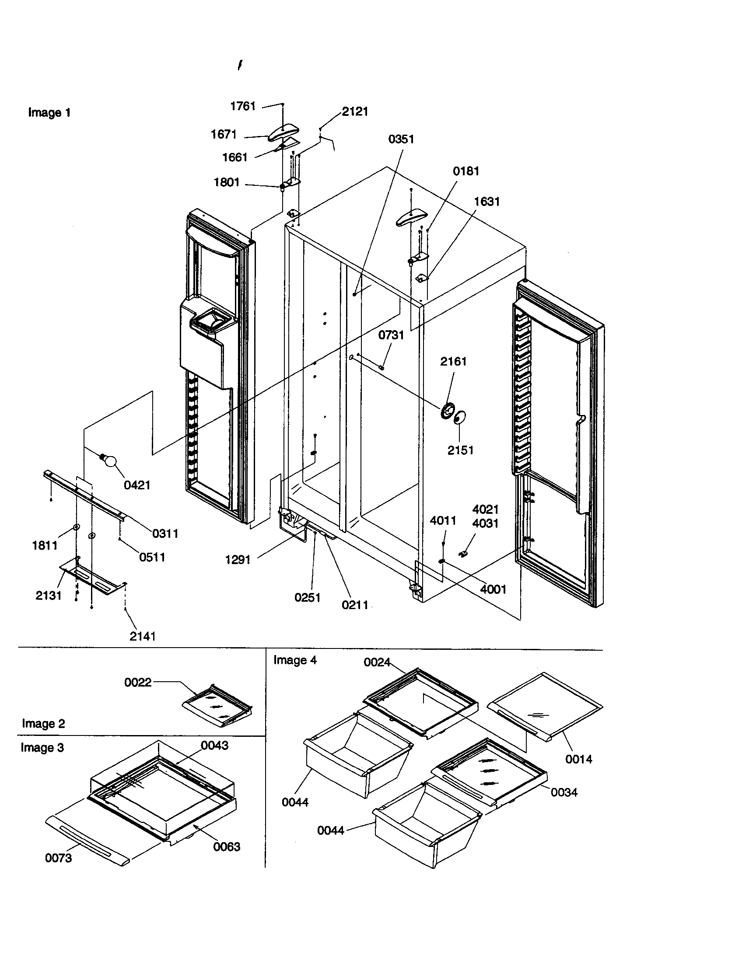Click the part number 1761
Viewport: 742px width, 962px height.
(243, 106)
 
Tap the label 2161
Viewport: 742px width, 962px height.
(453, 362)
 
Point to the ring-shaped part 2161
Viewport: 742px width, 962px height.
(447, 411)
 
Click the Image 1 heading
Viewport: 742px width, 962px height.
(49, 113)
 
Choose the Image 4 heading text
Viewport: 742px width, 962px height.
(295, 660)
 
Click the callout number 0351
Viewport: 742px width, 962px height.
(401, 139)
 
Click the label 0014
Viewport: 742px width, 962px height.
(578, 759)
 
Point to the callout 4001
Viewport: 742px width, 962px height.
(493, 589)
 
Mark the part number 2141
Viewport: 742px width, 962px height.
(143, 636)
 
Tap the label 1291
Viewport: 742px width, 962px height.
(238, 560)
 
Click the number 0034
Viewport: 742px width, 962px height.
(564, 792)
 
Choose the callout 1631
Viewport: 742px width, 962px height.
(486, 202)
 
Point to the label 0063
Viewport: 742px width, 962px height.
(227, 847)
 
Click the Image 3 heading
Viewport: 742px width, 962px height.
(42, 747)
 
